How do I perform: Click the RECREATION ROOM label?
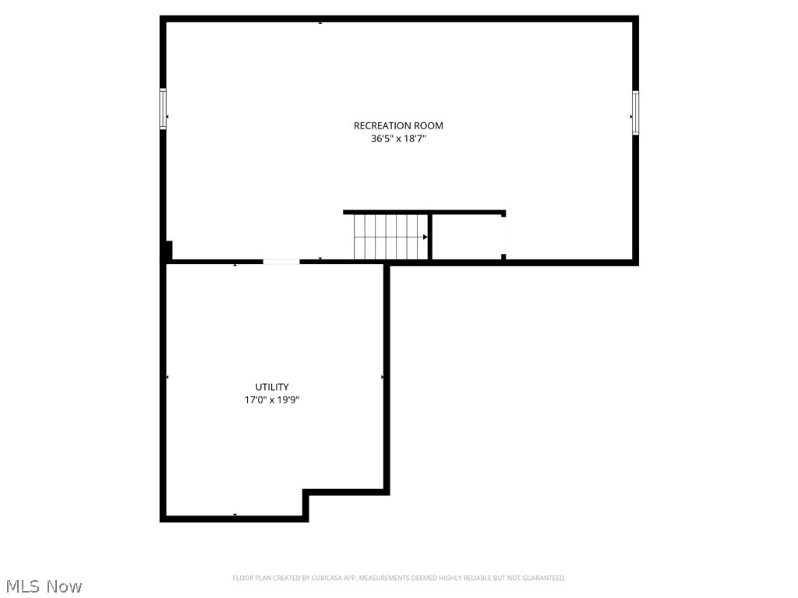tap(398, 125)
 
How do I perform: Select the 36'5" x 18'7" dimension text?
tap(398, 139)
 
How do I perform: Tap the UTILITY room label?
tap(272, 387)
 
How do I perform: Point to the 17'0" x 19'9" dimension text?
tap(272, 400)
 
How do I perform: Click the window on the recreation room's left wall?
tap(163, 109)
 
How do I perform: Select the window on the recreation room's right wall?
tap(636, 113)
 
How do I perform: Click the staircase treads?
tap(390, 237)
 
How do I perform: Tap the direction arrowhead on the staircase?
tap(425, 237)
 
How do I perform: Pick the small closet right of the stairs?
tap(468, 237)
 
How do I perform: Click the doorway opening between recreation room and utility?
tap(281, 262)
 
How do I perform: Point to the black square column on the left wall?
tap(168, 251)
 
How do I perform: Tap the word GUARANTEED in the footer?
tap(543, 579)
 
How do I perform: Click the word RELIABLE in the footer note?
tap(481, 579)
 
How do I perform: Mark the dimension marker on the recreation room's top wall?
tap(320, 23)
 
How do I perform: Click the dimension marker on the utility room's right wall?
tap(382, 377)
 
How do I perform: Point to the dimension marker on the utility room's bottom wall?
tap(235, 515)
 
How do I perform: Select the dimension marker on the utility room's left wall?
tap(168, 377)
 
